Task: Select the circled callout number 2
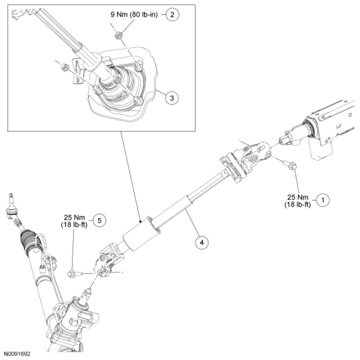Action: coord(173,15)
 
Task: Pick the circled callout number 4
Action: coord(201,242)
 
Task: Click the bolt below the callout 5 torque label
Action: coord(74,273)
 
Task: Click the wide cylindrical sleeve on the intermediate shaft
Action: coord(138,237)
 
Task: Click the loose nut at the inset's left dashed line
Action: coord(64,67)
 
